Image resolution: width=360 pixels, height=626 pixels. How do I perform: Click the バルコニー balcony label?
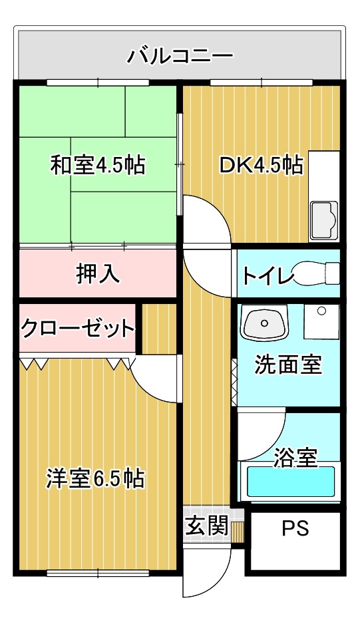[180, 55]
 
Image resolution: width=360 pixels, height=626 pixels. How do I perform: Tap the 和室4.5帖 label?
[97, 164]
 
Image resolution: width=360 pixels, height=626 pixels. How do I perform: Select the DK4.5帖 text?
[262, 164]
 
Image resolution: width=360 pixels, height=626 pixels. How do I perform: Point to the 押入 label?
[98, 273]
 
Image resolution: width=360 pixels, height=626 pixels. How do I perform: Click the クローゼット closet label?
[77, 329]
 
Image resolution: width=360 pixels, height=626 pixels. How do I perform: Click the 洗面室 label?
[288, 365]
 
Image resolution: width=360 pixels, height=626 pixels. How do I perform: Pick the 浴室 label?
[295, 458]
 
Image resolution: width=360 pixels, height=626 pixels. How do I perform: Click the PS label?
[295, 528]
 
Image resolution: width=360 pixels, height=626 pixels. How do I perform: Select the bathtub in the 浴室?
[291, 481]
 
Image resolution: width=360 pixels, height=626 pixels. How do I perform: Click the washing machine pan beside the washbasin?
[321, 322]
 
